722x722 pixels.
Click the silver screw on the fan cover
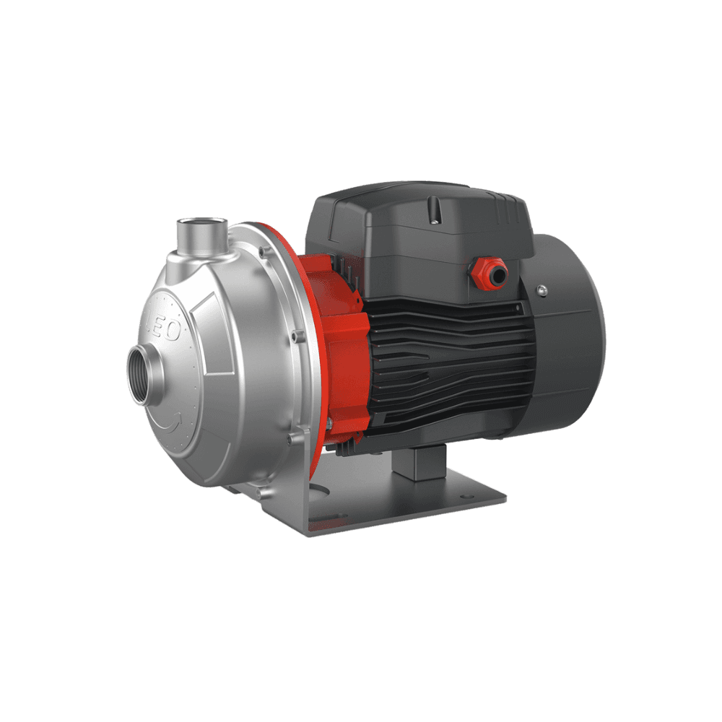tap(541, 290)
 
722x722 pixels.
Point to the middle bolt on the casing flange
tap(295, 335)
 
